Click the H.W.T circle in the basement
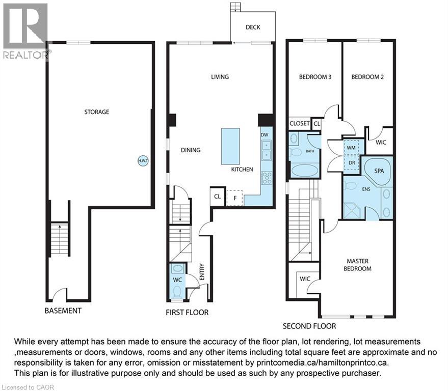(143, 161)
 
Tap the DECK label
(253, 27)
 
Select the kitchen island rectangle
(230, 146)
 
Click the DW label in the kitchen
(265, 135)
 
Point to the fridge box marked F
(235, 198)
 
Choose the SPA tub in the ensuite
(378, 172)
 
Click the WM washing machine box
(351, 148)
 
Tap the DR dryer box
(352, 163)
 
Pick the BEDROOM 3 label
(315, 77)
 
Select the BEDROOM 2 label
(367, 77)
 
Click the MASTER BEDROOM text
(357, 265)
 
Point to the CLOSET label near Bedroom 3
(299, 123)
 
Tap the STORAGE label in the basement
(96, 112)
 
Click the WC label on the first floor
(177, 280)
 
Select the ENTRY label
(202, 272)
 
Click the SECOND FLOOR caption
(309, 326)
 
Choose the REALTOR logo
(25, 31)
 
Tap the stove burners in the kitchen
(267, 178)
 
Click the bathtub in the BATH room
(305, 171)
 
